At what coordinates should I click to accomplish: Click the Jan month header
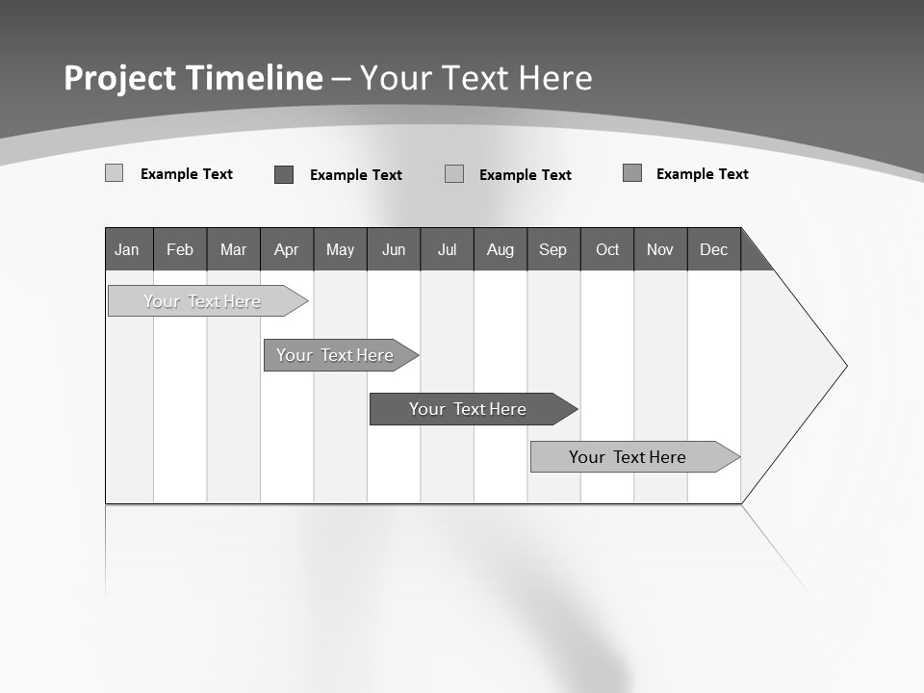point(127,249)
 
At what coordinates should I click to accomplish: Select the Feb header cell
point(180,249)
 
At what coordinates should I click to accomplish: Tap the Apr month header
point(286,249)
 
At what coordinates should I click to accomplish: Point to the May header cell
point(340,249)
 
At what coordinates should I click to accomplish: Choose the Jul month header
point(447,249)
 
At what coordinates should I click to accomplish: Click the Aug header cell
point(500,249)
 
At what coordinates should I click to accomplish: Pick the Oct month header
point(607,249)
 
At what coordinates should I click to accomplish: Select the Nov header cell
point(660,249)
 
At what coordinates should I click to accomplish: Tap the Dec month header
point(713,249)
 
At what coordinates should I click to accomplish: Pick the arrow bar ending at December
point(630,457)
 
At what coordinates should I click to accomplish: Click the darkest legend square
point(284,174)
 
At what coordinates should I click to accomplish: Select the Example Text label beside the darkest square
point(355,175)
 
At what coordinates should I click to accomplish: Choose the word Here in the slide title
point(555,78)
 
